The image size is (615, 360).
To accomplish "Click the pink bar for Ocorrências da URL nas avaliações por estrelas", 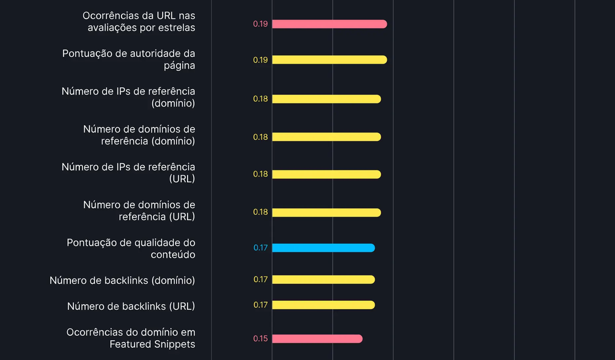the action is tap(329, 24).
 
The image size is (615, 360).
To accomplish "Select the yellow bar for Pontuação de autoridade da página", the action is tap(329, 60).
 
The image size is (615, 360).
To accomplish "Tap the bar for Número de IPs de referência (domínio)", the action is tap(326, 99).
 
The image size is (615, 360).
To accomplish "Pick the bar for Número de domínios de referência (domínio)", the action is tap(326, 137).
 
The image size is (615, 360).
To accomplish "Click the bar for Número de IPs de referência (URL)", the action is tap(326, 174).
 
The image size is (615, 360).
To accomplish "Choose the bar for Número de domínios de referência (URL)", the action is tap(326, 212).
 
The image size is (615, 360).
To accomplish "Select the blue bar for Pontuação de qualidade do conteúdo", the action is tap(324, 248).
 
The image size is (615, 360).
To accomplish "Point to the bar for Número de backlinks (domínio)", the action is tap(324, 280).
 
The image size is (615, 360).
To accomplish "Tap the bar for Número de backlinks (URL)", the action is tap(324, 305).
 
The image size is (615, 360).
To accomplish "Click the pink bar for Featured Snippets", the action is tap(317, 338).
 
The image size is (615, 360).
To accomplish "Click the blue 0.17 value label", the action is tap(260, 248).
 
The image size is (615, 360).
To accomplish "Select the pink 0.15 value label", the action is tap(260, 338).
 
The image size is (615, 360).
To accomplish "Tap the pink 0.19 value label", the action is tap(260, 24).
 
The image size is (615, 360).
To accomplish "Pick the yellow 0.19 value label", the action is tap(260, 60).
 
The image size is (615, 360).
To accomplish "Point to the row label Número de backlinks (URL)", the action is tap(131, 306).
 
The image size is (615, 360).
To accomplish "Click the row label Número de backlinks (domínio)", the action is tap(122, 280).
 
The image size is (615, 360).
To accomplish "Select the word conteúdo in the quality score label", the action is tap(173, 255).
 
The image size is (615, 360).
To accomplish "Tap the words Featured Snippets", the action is tap(152, 344).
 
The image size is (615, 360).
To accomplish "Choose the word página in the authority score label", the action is tap(179, 65).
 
